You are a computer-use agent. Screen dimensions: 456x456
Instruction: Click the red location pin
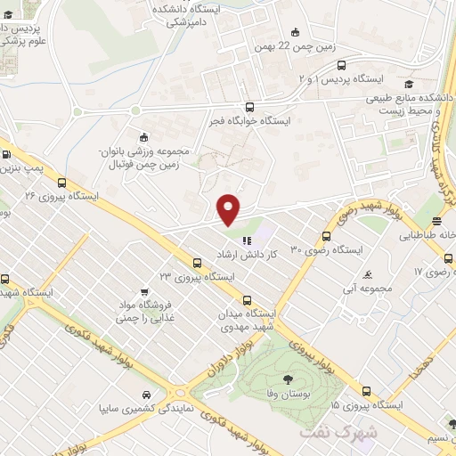point(229,209)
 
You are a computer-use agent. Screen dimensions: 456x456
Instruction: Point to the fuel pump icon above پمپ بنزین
point(8,154)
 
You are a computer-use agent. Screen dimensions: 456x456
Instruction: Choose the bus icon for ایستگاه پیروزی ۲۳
point(197,262)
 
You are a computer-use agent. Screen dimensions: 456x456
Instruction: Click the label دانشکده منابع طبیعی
point(411,97)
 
